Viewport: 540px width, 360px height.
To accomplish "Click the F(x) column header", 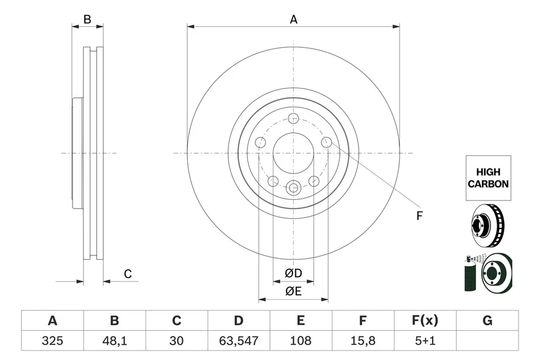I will (x=425, y=321).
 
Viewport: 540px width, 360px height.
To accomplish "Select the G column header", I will (x=487, y=321).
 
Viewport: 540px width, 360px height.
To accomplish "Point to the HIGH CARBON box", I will (x=488, y=178).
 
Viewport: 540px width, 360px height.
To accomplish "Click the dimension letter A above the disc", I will (x=293, y=20).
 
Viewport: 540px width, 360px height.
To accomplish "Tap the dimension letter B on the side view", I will (x=87, y=20).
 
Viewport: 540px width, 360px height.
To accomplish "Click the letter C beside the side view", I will (x=128, y=274).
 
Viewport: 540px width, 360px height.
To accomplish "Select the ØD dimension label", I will (x=293, y=273).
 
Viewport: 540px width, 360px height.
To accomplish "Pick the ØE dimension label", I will (x=293, y=291).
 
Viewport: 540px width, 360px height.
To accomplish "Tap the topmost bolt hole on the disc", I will (x=293, y=119).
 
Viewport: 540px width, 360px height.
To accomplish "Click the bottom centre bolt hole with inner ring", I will (x=293, y=187).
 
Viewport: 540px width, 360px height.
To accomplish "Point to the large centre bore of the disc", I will (x=293, y=153).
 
